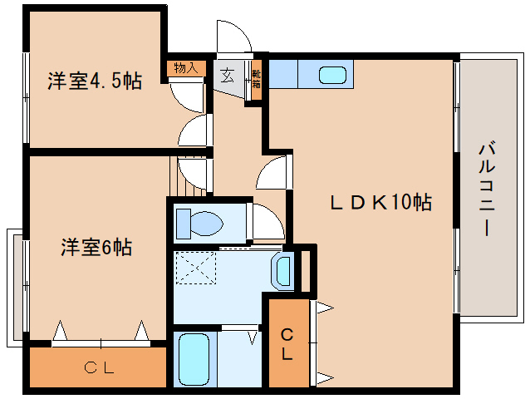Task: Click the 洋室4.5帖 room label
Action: click(x=94, y=81)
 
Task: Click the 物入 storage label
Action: click(x=185, y=68)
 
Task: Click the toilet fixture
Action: click(x=199, y=223)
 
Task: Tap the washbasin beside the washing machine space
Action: click(x=282, y=269)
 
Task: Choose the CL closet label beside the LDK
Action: click(x=287, y=345)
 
